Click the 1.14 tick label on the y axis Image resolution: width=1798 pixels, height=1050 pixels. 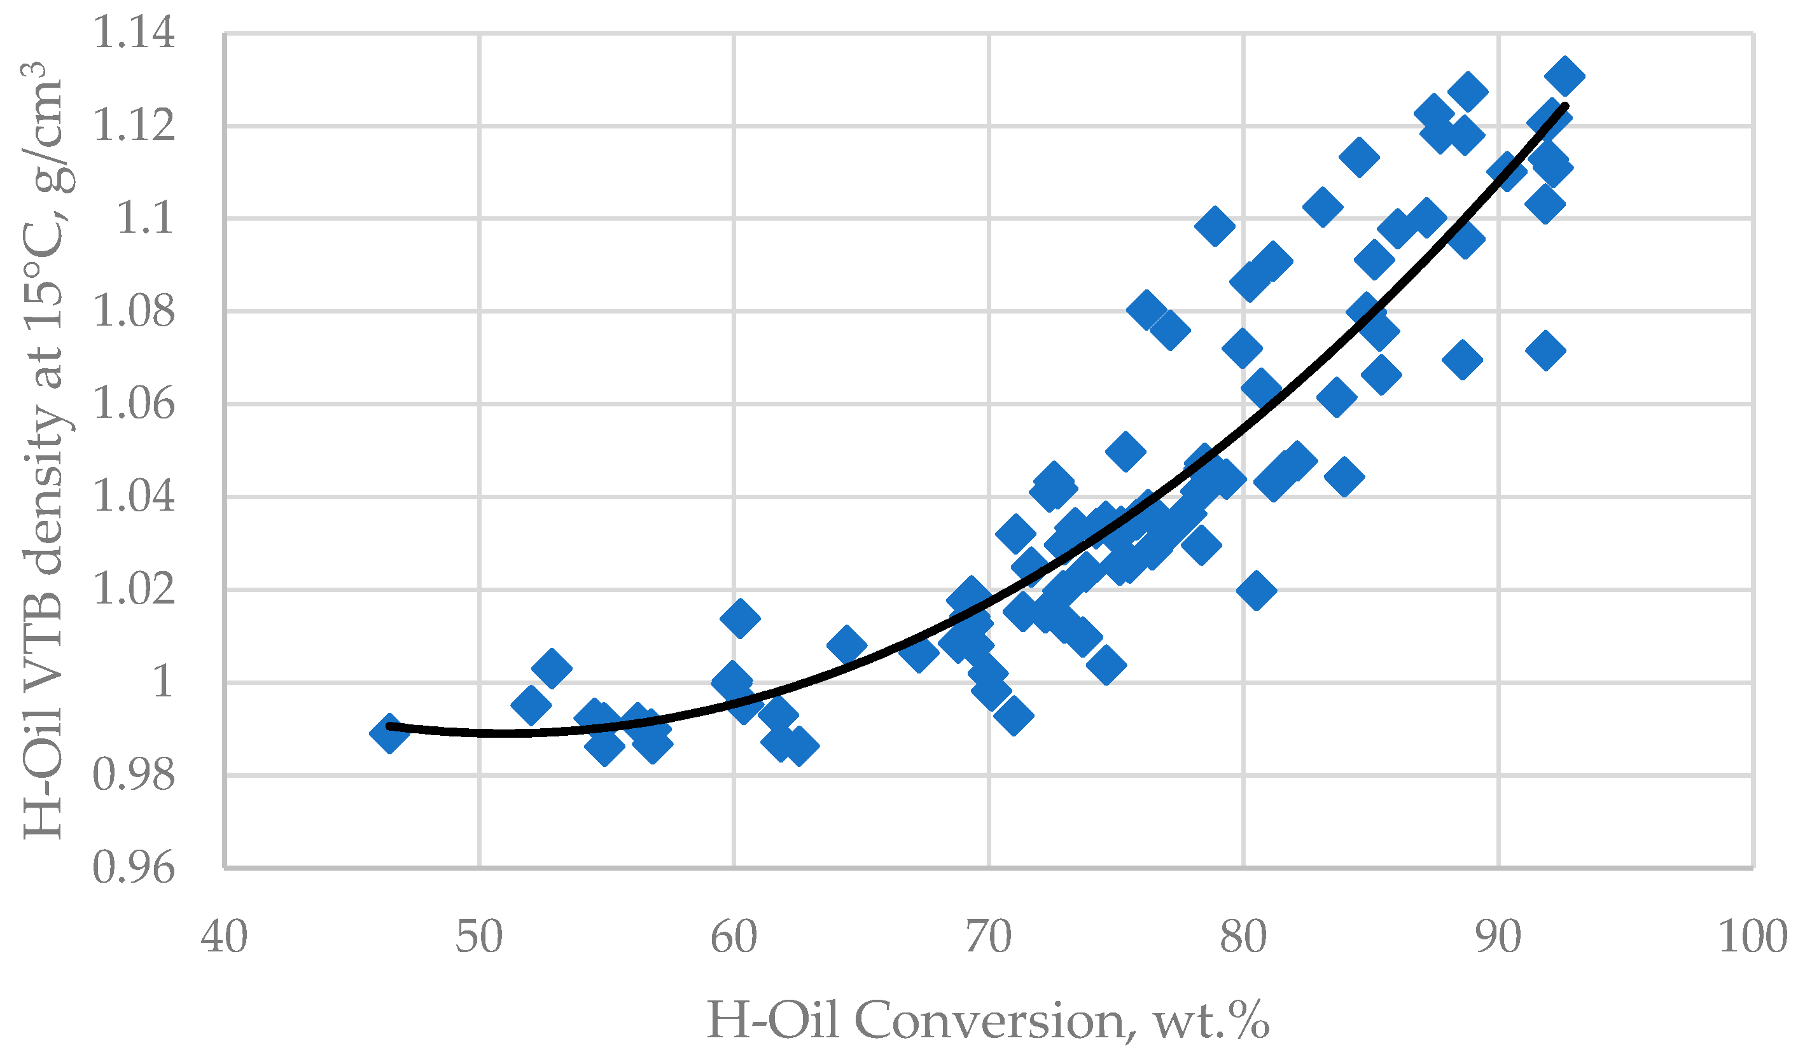134,34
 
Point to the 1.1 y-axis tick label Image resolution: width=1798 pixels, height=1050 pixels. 145,218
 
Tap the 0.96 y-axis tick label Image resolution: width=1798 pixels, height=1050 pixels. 134,868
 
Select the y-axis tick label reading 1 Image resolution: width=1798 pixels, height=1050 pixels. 163,682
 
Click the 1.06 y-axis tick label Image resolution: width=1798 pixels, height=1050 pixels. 134,404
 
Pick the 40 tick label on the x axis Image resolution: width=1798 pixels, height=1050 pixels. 224,937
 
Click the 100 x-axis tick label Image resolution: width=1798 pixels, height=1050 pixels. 1752,937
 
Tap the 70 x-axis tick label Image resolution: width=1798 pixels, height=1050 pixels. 988,937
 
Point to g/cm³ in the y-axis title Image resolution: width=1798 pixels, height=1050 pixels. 43,128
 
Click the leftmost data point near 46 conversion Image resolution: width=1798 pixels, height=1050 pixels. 389,733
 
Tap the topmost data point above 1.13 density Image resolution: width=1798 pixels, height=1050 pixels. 1565,76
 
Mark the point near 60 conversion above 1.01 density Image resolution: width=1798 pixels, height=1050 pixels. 740,618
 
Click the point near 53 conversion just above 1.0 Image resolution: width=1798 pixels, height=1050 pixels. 552,668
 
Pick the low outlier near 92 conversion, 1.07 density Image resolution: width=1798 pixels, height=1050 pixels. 1545,350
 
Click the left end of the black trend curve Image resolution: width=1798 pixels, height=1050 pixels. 389,726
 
